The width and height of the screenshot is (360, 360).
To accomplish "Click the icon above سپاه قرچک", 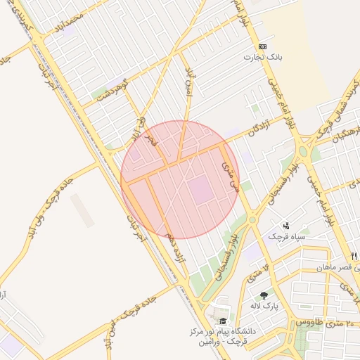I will [x=286, y=226].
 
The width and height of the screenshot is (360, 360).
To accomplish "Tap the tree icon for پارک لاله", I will [x=264, y=295].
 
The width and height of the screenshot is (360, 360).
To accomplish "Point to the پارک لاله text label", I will [x=266, y=307].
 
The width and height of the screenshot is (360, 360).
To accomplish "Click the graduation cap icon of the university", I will [x=223, y=320].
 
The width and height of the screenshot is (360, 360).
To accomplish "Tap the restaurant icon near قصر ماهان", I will [x=354, y=256].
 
